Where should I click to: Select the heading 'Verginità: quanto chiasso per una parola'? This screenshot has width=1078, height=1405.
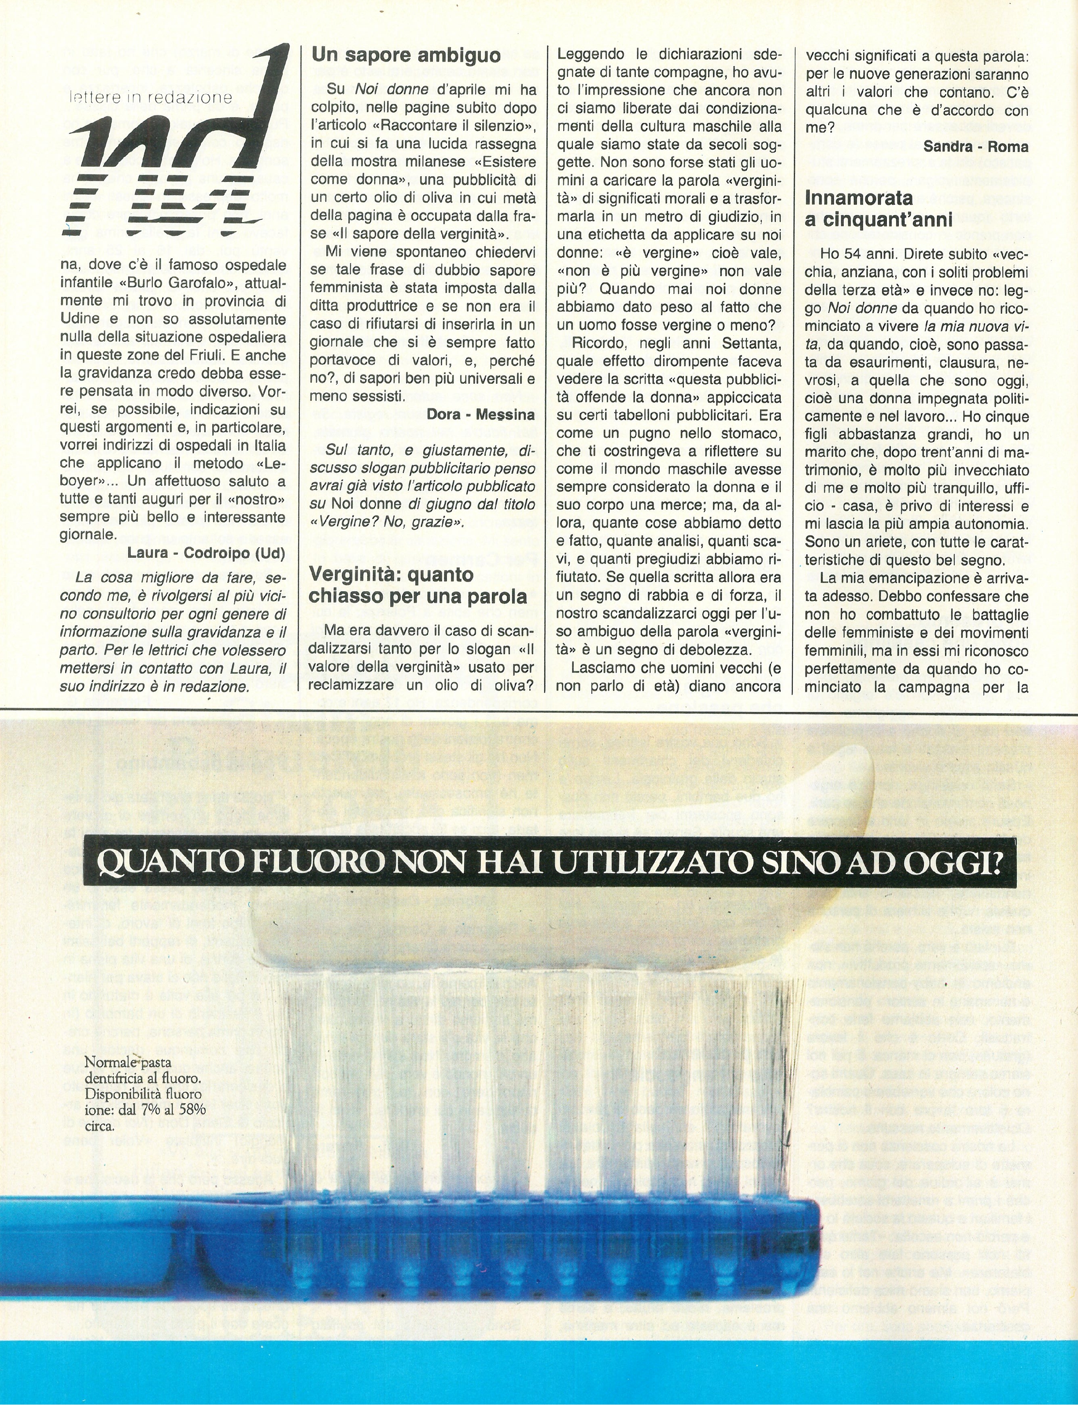418,585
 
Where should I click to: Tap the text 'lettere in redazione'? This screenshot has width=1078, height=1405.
151,97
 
